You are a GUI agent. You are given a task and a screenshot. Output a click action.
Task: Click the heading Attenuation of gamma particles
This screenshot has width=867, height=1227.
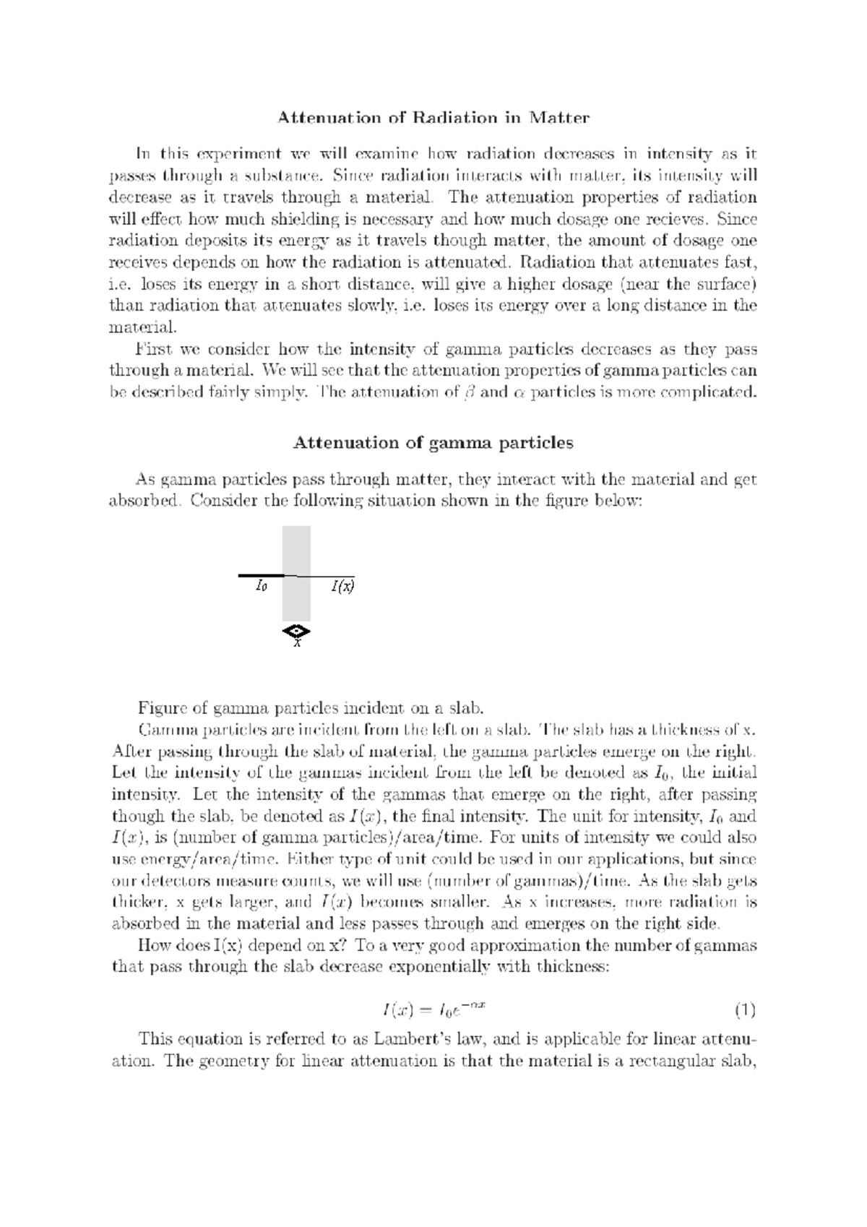[433, 443]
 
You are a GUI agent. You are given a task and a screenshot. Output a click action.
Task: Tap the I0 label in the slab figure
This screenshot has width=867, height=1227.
[262, 586]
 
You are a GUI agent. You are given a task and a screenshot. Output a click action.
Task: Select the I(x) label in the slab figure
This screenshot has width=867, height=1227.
[343, 586]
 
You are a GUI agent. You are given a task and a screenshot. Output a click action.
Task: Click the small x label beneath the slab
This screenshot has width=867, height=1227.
[296, 643]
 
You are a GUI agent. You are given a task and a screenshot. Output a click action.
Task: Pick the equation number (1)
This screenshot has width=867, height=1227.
[744, 1009]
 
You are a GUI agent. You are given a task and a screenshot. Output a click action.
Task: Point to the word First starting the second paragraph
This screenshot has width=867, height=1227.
[155, 349]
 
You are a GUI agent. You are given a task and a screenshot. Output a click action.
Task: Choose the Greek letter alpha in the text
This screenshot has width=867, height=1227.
[517, 394]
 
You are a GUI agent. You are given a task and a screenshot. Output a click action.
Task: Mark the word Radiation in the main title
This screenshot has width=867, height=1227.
[454, 117]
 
